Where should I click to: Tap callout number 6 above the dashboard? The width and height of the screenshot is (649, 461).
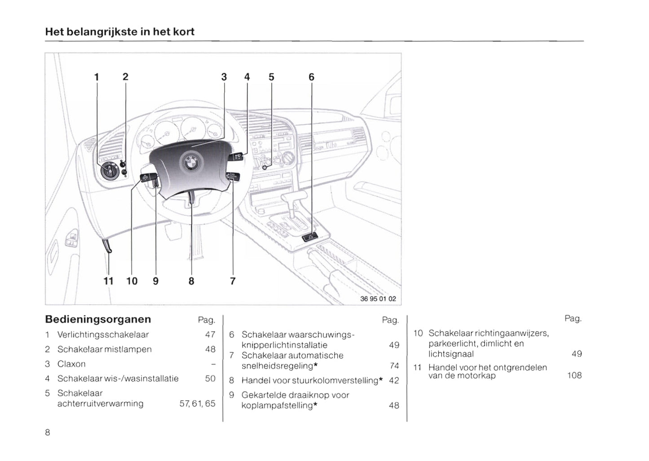tap(311, 77)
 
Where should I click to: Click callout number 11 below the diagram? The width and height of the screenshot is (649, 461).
tap(108, 281)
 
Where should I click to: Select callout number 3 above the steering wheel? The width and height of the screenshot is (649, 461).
tap(224, 77)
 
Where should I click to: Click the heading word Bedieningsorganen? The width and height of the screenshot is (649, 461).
tap(98, 319)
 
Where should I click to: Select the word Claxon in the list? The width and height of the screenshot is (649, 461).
tap(71, 364)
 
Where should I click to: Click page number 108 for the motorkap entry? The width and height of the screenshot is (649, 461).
tap(574, 375)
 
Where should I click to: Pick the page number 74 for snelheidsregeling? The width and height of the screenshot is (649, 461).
tap(394, 366)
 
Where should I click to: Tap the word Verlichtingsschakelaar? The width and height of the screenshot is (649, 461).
tap(103, 335)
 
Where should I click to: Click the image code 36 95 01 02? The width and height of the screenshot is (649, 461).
tap(378, 299)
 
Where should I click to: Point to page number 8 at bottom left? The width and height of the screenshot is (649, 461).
tap(48, 433)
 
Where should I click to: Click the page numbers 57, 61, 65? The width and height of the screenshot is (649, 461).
tap(197, 403)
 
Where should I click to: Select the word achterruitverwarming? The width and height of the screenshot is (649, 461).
tap(100, 403)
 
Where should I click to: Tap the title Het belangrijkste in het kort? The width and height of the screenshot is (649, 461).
tap(119, 32)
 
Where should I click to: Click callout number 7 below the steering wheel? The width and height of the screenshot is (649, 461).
tap(233, 281)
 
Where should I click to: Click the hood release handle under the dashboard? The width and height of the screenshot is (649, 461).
tap(107, 246)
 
